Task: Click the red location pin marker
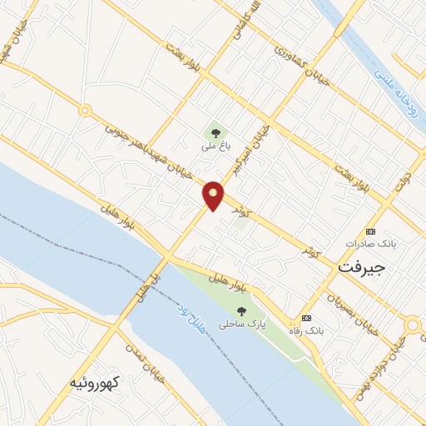click(x=214, y=196)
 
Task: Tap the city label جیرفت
click(x=362, y=267)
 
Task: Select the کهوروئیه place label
click(x=93, y=383)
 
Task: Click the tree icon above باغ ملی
click(x=215, y=131)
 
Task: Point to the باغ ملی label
click(x=214, y=146)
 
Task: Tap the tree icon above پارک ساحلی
click(x=241, y=310)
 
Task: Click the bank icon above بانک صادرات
click(x=370, y=231)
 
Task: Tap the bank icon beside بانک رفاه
click(x=306, y=318)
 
